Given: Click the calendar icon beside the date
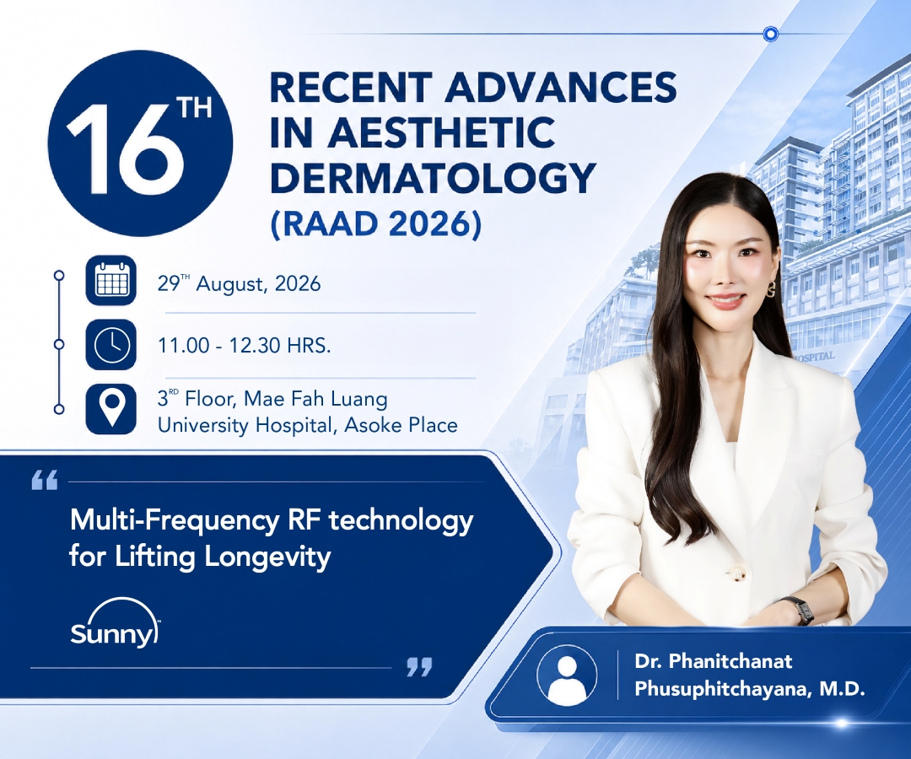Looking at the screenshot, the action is (111, 280).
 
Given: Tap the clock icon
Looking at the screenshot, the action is (111, 344).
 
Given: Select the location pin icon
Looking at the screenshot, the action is (111, 409).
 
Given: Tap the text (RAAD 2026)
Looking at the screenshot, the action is (376, 223).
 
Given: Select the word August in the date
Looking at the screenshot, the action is (230, 284).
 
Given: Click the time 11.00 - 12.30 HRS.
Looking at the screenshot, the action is (244, 346).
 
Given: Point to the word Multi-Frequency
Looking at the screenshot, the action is (174, 521).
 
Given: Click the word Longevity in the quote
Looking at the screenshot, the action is (268, 557).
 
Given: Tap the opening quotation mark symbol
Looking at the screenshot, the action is (45, 481).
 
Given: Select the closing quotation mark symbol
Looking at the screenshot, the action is (419, 667).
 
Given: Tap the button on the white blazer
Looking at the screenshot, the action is (737, 573).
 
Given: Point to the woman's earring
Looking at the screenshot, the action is (771, 290).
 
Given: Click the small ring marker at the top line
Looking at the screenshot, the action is (770, 35).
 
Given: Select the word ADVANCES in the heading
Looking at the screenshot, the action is (563, 87).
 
